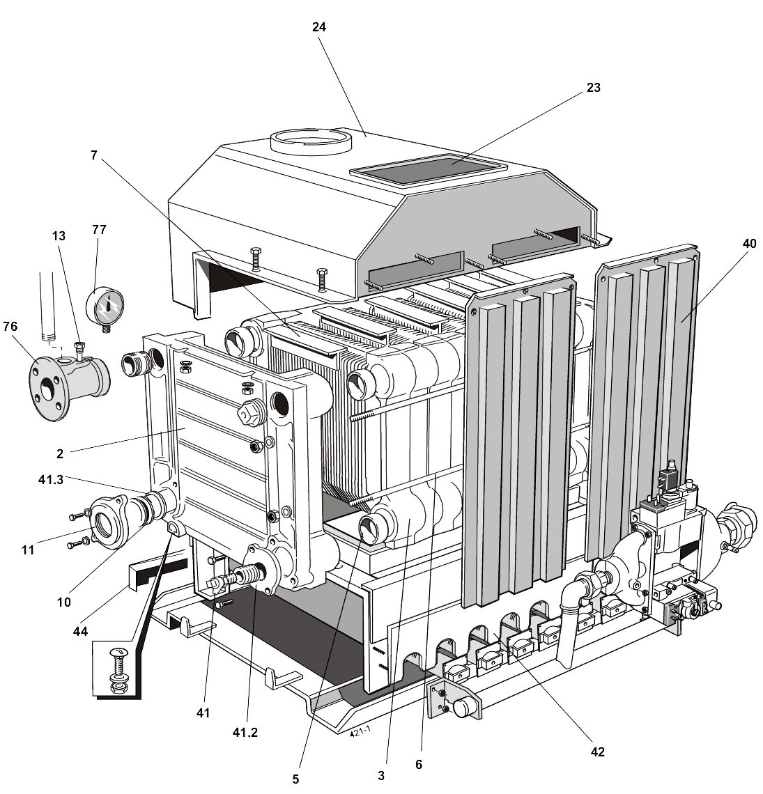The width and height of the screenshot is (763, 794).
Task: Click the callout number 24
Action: pos(319,26)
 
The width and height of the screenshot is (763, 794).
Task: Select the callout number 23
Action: pos(593,88)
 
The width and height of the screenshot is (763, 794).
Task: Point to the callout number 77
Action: pos(98,229)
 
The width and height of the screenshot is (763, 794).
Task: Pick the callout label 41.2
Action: pos(245,733)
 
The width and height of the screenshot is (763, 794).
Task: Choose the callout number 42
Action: pos(597,752)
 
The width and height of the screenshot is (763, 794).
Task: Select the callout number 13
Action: pos(59,236)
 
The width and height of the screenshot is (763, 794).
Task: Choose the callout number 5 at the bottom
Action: pos(295,779)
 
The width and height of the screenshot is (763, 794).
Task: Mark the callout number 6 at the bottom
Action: pos(418,764)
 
